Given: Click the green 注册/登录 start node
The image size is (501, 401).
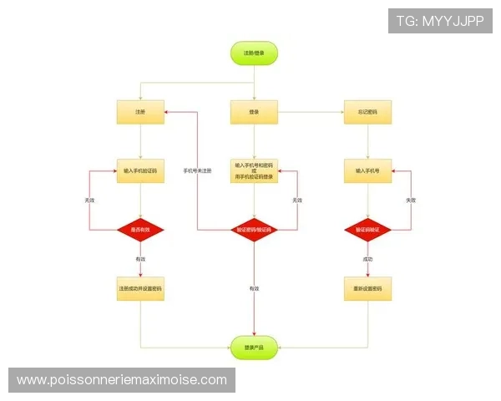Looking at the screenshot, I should (x=254, y=53).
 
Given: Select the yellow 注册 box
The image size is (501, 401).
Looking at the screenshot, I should (x=140, y=112).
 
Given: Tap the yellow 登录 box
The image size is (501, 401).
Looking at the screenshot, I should (x=254, y=112).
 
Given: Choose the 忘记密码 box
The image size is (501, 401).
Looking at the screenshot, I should (x=367, y=112).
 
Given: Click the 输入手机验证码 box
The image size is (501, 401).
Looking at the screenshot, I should (x=140, y=170).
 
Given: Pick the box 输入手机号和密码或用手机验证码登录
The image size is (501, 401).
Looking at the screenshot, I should (x=254, y=171).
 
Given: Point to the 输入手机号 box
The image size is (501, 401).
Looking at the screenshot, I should (x=367, y=170).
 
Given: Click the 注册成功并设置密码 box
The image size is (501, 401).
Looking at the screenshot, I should (x=140, y=289).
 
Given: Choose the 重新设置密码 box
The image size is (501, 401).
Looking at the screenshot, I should (x=367, y=289).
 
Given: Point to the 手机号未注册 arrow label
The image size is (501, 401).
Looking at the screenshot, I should (x=197, y=171).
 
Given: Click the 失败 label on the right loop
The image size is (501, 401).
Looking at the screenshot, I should (x=410, y=200).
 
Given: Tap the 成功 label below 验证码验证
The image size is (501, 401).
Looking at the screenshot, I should (x=367, y=260).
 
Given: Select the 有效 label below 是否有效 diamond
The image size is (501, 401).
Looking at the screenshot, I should (x=140, y=259).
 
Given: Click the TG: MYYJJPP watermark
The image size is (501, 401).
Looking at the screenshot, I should (x=439, y=21).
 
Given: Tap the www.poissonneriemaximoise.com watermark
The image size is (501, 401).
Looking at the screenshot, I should (x=122, y=380).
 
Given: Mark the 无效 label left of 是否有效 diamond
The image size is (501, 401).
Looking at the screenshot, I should (x=89, y=200).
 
